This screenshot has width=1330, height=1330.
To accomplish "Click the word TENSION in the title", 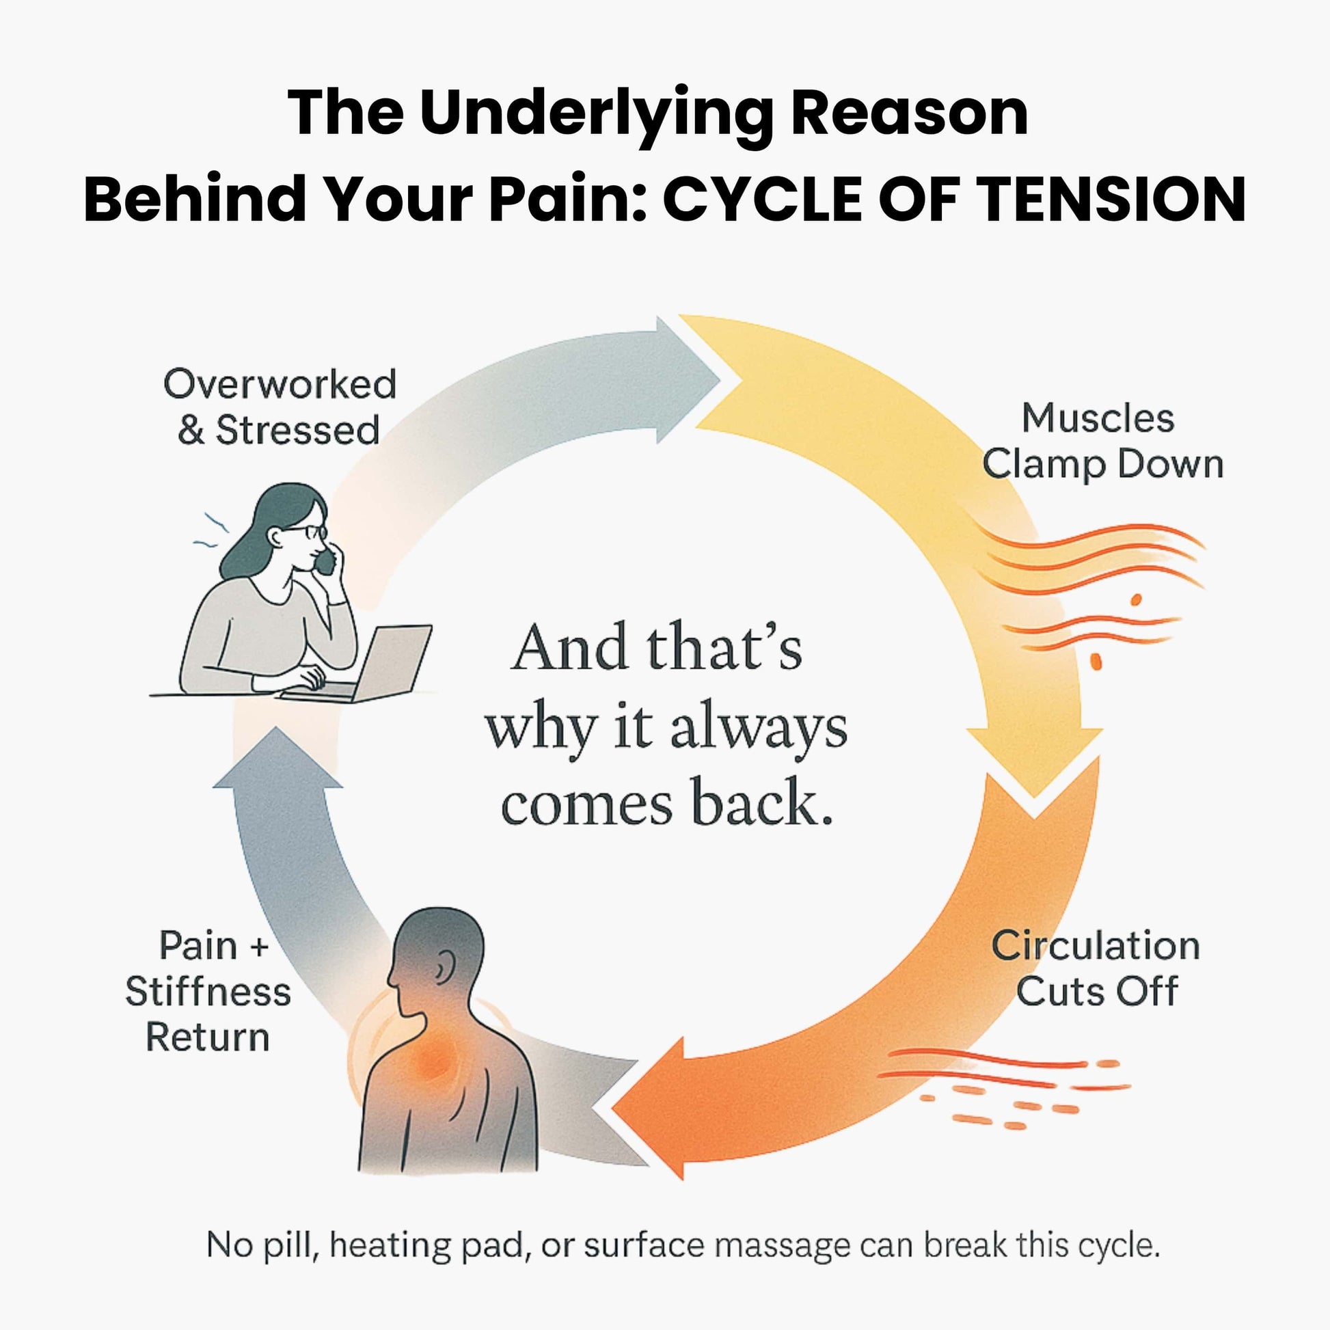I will (1110, 199).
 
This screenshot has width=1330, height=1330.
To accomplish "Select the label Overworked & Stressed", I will (280, 407).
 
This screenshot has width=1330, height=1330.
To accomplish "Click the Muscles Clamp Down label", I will (1102, 442).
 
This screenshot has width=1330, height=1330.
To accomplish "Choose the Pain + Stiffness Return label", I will (208, 992).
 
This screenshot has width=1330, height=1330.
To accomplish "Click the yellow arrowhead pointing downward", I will (1034, 764).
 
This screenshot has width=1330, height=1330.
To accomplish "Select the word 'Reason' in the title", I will (909, 113).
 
